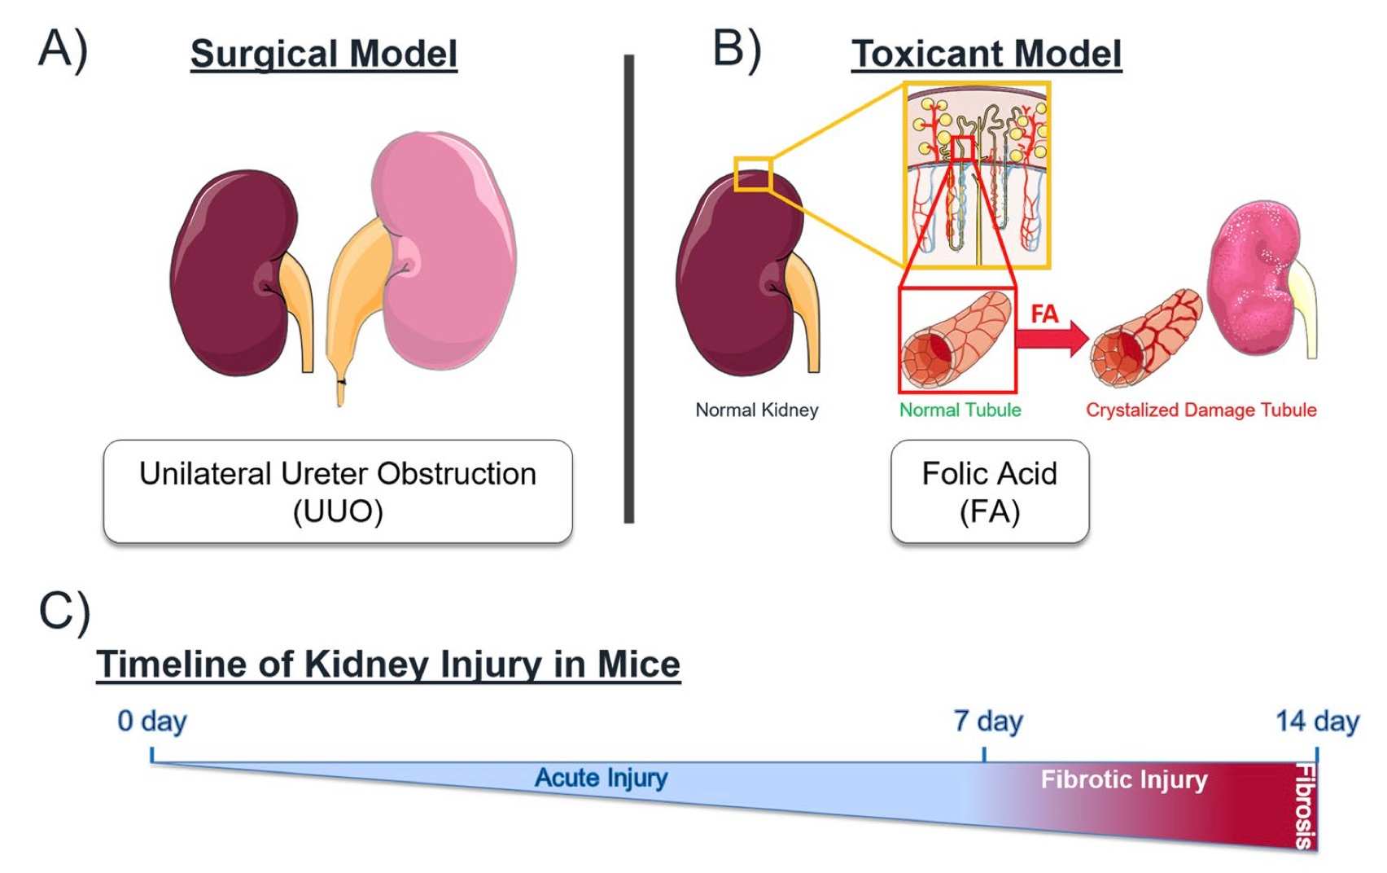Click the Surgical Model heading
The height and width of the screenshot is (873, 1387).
coord(323,54)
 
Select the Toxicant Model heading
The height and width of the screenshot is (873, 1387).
coord(986,54)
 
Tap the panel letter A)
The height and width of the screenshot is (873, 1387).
coord(63,49)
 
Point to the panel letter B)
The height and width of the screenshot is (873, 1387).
coord(737,49)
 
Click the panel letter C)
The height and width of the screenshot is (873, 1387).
coord(64,612)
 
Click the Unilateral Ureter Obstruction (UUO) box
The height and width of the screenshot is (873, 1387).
coord(337,491)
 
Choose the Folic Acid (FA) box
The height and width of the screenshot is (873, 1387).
coord(989,491)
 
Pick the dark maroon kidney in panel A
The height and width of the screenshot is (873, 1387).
coord(232,273)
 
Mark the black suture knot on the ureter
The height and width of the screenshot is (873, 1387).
coord(341,381)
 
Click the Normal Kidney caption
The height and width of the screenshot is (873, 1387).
coord(756,410)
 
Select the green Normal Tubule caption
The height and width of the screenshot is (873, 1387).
coord(960,410)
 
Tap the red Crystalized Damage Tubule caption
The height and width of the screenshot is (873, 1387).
coord(1201,410)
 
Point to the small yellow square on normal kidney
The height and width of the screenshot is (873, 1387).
coord(752,174)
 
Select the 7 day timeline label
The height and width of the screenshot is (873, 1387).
coord(987,721)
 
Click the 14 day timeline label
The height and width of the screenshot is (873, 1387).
coord(1316,721)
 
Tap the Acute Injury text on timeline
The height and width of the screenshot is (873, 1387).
coord(601,778)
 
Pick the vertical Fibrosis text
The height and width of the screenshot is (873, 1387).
coord(1305,806)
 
